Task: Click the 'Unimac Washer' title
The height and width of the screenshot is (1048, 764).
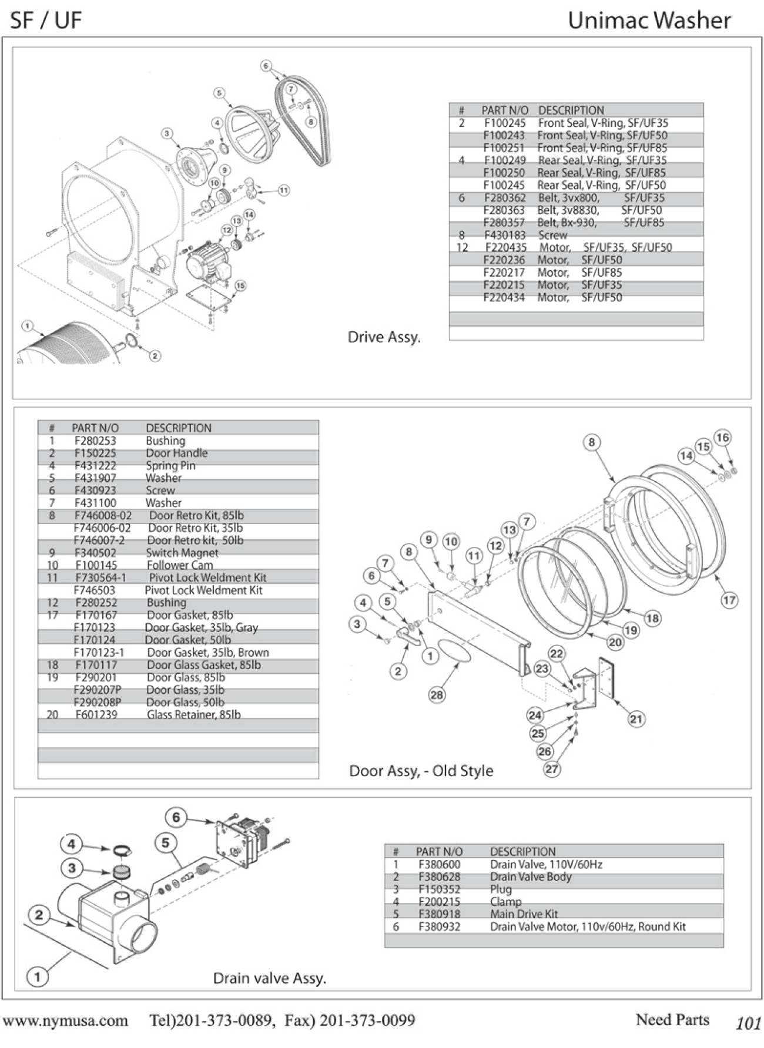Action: click(x=649, y=21)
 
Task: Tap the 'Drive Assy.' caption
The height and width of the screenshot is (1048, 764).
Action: click(x=384, y=337)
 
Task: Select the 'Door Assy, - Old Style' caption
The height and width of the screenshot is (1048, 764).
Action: click(x=421, y=771)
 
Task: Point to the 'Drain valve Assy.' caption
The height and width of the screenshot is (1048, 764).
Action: click(x=269, y=978)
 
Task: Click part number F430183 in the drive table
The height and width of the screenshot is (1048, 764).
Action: click(x=505, y=235)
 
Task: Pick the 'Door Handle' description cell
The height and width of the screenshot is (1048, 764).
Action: click(x=176, y=453)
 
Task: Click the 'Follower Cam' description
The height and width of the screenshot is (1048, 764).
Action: click(x=180, y=565)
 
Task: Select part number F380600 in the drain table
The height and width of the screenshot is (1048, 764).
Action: click(x=439, y=864)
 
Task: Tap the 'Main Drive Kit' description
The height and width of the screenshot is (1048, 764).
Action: click(x=524, y=913)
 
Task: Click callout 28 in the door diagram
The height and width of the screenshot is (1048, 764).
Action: click(x=436, y=695)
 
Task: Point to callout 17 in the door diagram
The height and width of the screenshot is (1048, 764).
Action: click(x=729, y=600)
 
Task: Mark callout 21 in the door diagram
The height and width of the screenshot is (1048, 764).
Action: click(x=636, y=718)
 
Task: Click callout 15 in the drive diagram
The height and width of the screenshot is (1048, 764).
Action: click(x=240, y=285)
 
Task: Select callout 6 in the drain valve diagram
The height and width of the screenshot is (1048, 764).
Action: click(x=176, y=817)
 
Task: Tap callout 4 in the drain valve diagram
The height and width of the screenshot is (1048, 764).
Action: click(x=71, y=844)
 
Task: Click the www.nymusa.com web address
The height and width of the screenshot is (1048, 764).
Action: click(x=65, y=1020)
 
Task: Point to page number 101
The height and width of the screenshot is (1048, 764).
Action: click(x=748, y=1023)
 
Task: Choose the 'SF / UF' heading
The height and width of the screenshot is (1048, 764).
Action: click(x=46, y=21)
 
